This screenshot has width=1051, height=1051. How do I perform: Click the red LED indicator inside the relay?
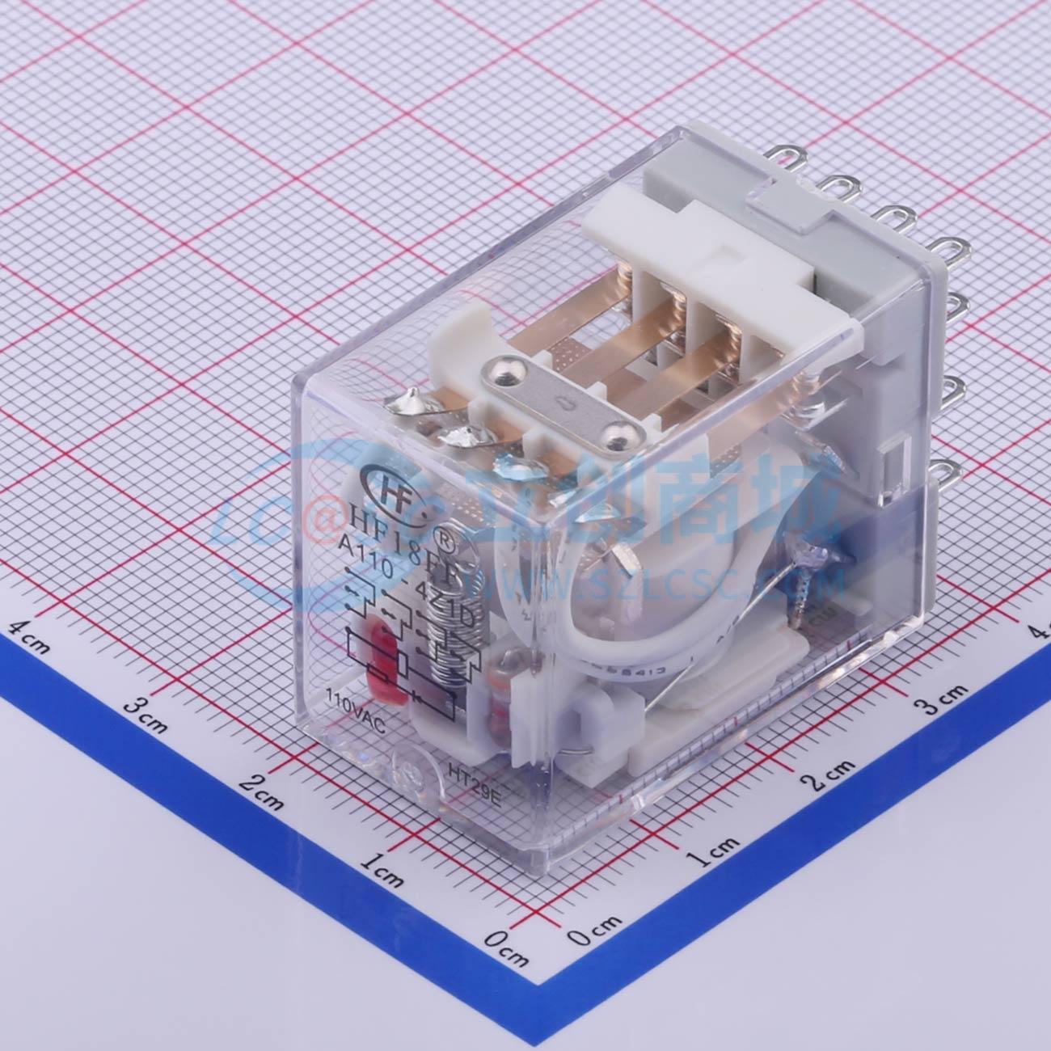pos(381,658)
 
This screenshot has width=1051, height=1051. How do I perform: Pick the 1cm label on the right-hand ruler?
pos(715,849)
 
